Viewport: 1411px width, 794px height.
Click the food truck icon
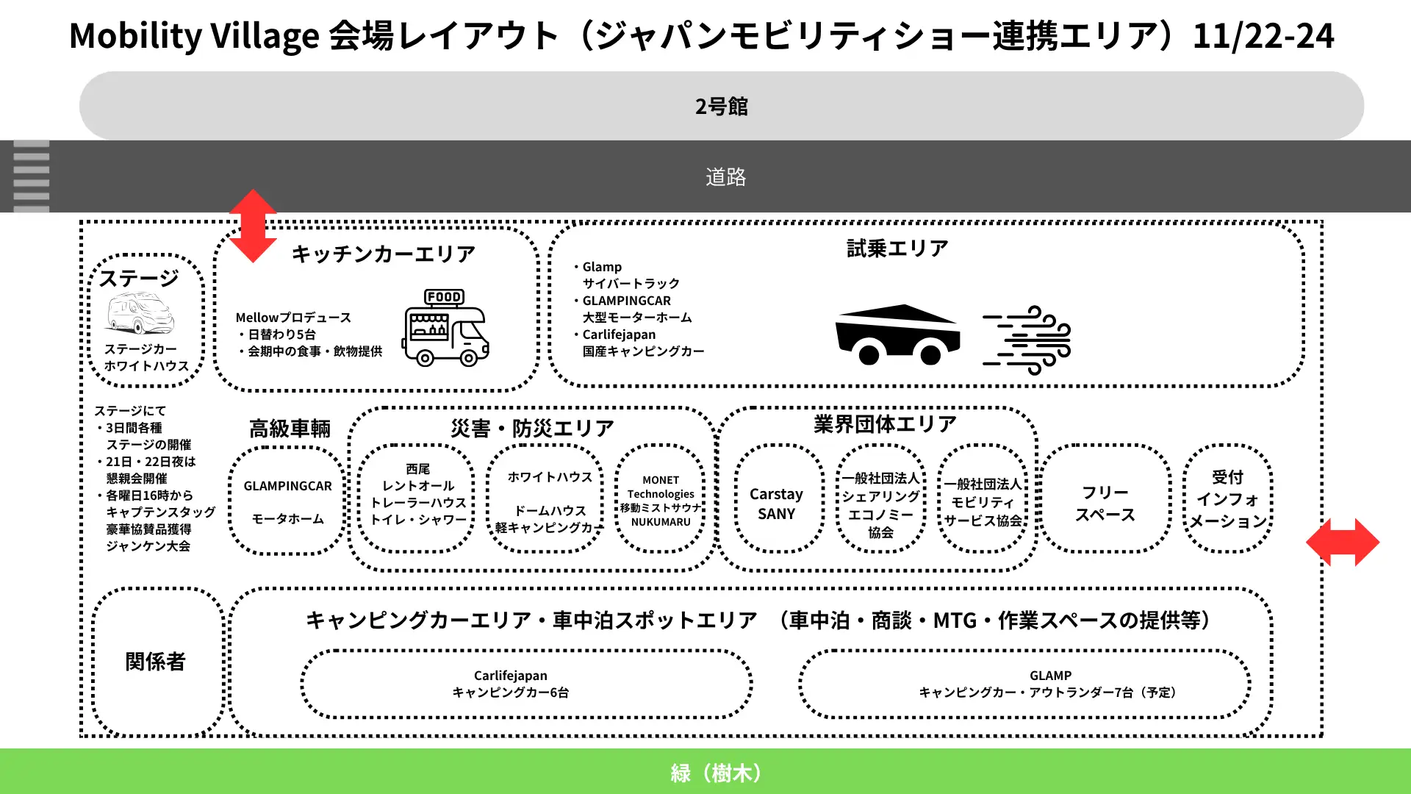point(445,328)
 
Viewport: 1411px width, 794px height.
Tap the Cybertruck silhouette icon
point(897,335)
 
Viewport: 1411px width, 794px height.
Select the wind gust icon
point(1027,340)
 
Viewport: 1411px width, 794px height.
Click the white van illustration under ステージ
point(140,314)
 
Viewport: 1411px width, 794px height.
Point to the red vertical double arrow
point(253,226)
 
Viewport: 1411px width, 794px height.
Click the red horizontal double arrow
point(1342,542)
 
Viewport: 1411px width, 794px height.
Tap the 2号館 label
point(721,107)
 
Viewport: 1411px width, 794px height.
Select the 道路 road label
point(725,177)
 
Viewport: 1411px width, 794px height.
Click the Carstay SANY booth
point(777,504)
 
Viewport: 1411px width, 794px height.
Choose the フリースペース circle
point(1105,504)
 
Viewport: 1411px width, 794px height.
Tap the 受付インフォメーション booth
point(1227,499)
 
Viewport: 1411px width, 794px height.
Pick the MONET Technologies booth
point(660,500)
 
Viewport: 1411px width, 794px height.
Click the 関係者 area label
point(155,662)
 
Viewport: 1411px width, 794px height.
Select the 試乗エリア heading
point(897,248)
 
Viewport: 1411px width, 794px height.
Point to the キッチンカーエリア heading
point(383,254)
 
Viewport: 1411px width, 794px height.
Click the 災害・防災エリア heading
point(532,428)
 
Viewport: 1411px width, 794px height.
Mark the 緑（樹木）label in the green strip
point(715,773)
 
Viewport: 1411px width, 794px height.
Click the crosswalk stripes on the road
point(31,177)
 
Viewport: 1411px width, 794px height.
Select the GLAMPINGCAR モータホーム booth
point(287,502)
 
